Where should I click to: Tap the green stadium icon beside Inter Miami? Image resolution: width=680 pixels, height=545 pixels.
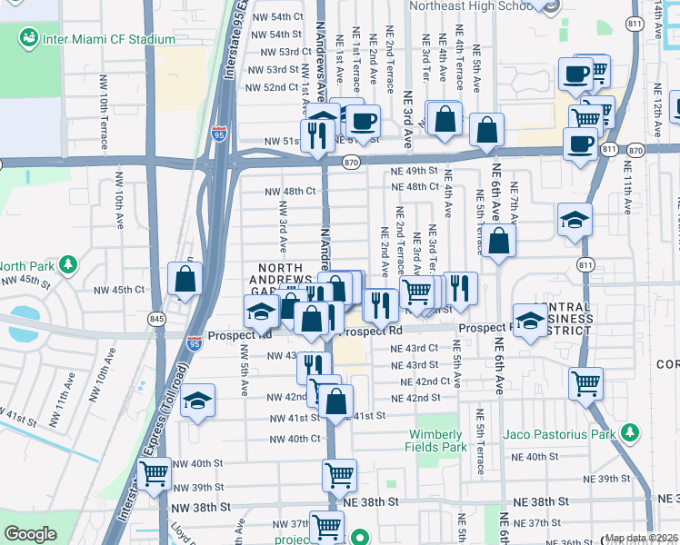30,38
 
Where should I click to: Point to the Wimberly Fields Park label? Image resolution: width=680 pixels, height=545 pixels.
437,440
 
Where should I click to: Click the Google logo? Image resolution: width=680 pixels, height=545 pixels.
30,534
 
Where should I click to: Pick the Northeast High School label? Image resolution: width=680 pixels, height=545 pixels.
471,5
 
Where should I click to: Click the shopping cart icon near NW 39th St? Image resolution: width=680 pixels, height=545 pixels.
155,473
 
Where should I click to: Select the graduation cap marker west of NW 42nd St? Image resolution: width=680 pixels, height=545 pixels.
196,402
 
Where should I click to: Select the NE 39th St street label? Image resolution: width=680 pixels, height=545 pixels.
606,479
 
